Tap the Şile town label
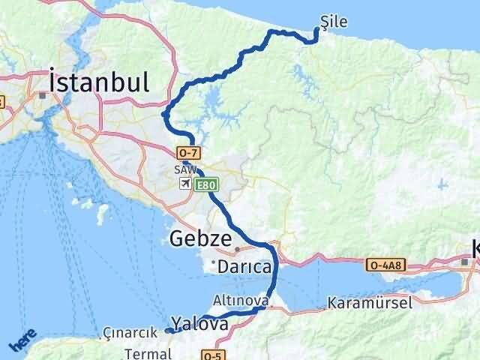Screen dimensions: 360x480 333,22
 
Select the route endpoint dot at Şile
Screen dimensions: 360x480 316,31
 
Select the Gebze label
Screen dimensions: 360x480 199,239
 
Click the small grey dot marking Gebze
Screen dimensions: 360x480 238,249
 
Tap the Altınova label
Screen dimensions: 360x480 241,300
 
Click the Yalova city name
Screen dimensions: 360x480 199,324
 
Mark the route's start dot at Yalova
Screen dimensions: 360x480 169,330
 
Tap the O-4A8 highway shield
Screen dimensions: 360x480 385,265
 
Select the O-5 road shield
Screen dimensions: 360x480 213,355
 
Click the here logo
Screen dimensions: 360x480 22,341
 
